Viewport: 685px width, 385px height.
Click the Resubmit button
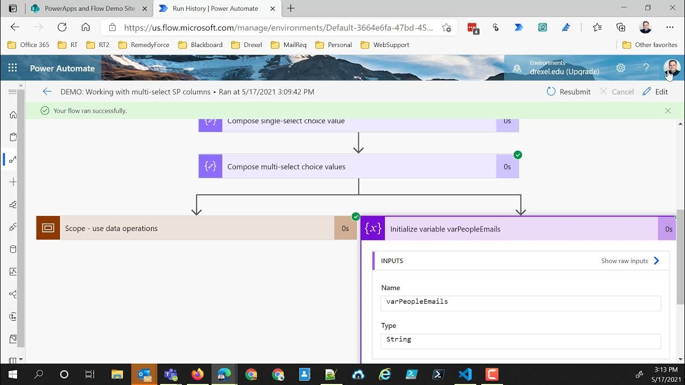pyautogui.click(x=568, y=91)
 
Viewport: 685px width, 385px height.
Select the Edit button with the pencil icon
pyautogui.click(x=655, y=91)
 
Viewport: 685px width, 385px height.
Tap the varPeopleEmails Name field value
pyautogui.click(x=521, y=302)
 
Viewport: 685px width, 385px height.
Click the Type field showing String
pyautogui.click(x=521, y=340)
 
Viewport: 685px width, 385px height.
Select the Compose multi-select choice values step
pyautogui.click(x=358, y=166)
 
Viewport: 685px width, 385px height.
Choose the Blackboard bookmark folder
pyautogui.click(x=200, y=45)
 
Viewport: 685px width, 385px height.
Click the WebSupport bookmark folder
pyautogui.click(x=385, y=45)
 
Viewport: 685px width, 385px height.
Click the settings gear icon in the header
pyautogui.click(x=621, y=68)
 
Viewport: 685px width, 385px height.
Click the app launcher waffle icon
pyautogui.click(x=13, y=68)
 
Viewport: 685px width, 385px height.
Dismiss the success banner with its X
pyautogui.click(x=667, y=111)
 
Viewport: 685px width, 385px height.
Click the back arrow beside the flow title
pyautogui.click(x=47, y=91)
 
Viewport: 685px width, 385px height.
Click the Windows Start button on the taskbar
pyautogui.click(x=12, y=374)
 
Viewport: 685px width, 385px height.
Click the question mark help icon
pyautogui.click(x=646, y=68)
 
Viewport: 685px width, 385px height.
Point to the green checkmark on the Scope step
pyautogui.click(x=356, y=217)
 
